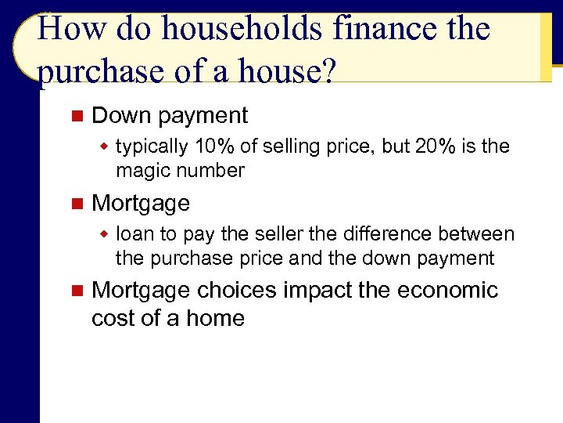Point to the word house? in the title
[282, 73]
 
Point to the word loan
[134, 234]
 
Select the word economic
[447, 291]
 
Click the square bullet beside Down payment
[76, 116]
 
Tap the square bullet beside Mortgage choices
[76, 291]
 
